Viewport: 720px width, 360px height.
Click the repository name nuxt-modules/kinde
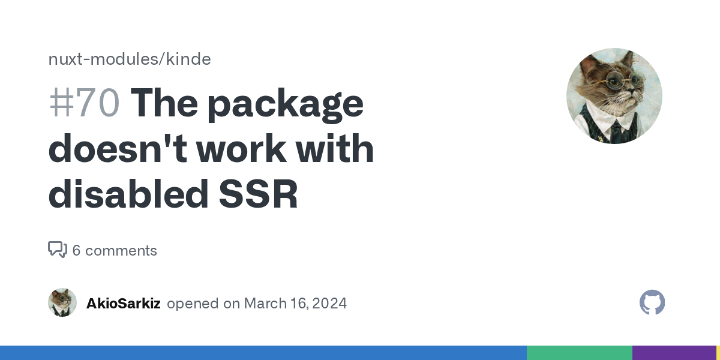(x=129, y=59)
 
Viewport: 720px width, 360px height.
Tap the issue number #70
(x=83, y=103)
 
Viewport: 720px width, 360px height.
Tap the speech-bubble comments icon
(x=57, y=250)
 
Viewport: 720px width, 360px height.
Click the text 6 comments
(x=115, y=250)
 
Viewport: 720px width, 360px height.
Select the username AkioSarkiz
(x=123, y=303)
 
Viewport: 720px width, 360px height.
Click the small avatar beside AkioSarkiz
(x=62, y=302)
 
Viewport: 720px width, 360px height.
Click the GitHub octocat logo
(x=652, y=302)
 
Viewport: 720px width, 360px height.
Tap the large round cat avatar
(x=614, y=96)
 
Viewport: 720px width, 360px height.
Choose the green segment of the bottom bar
(x=579, y=353)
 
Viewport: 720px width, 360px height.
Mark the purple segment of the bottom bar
(x=674, y=353)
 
